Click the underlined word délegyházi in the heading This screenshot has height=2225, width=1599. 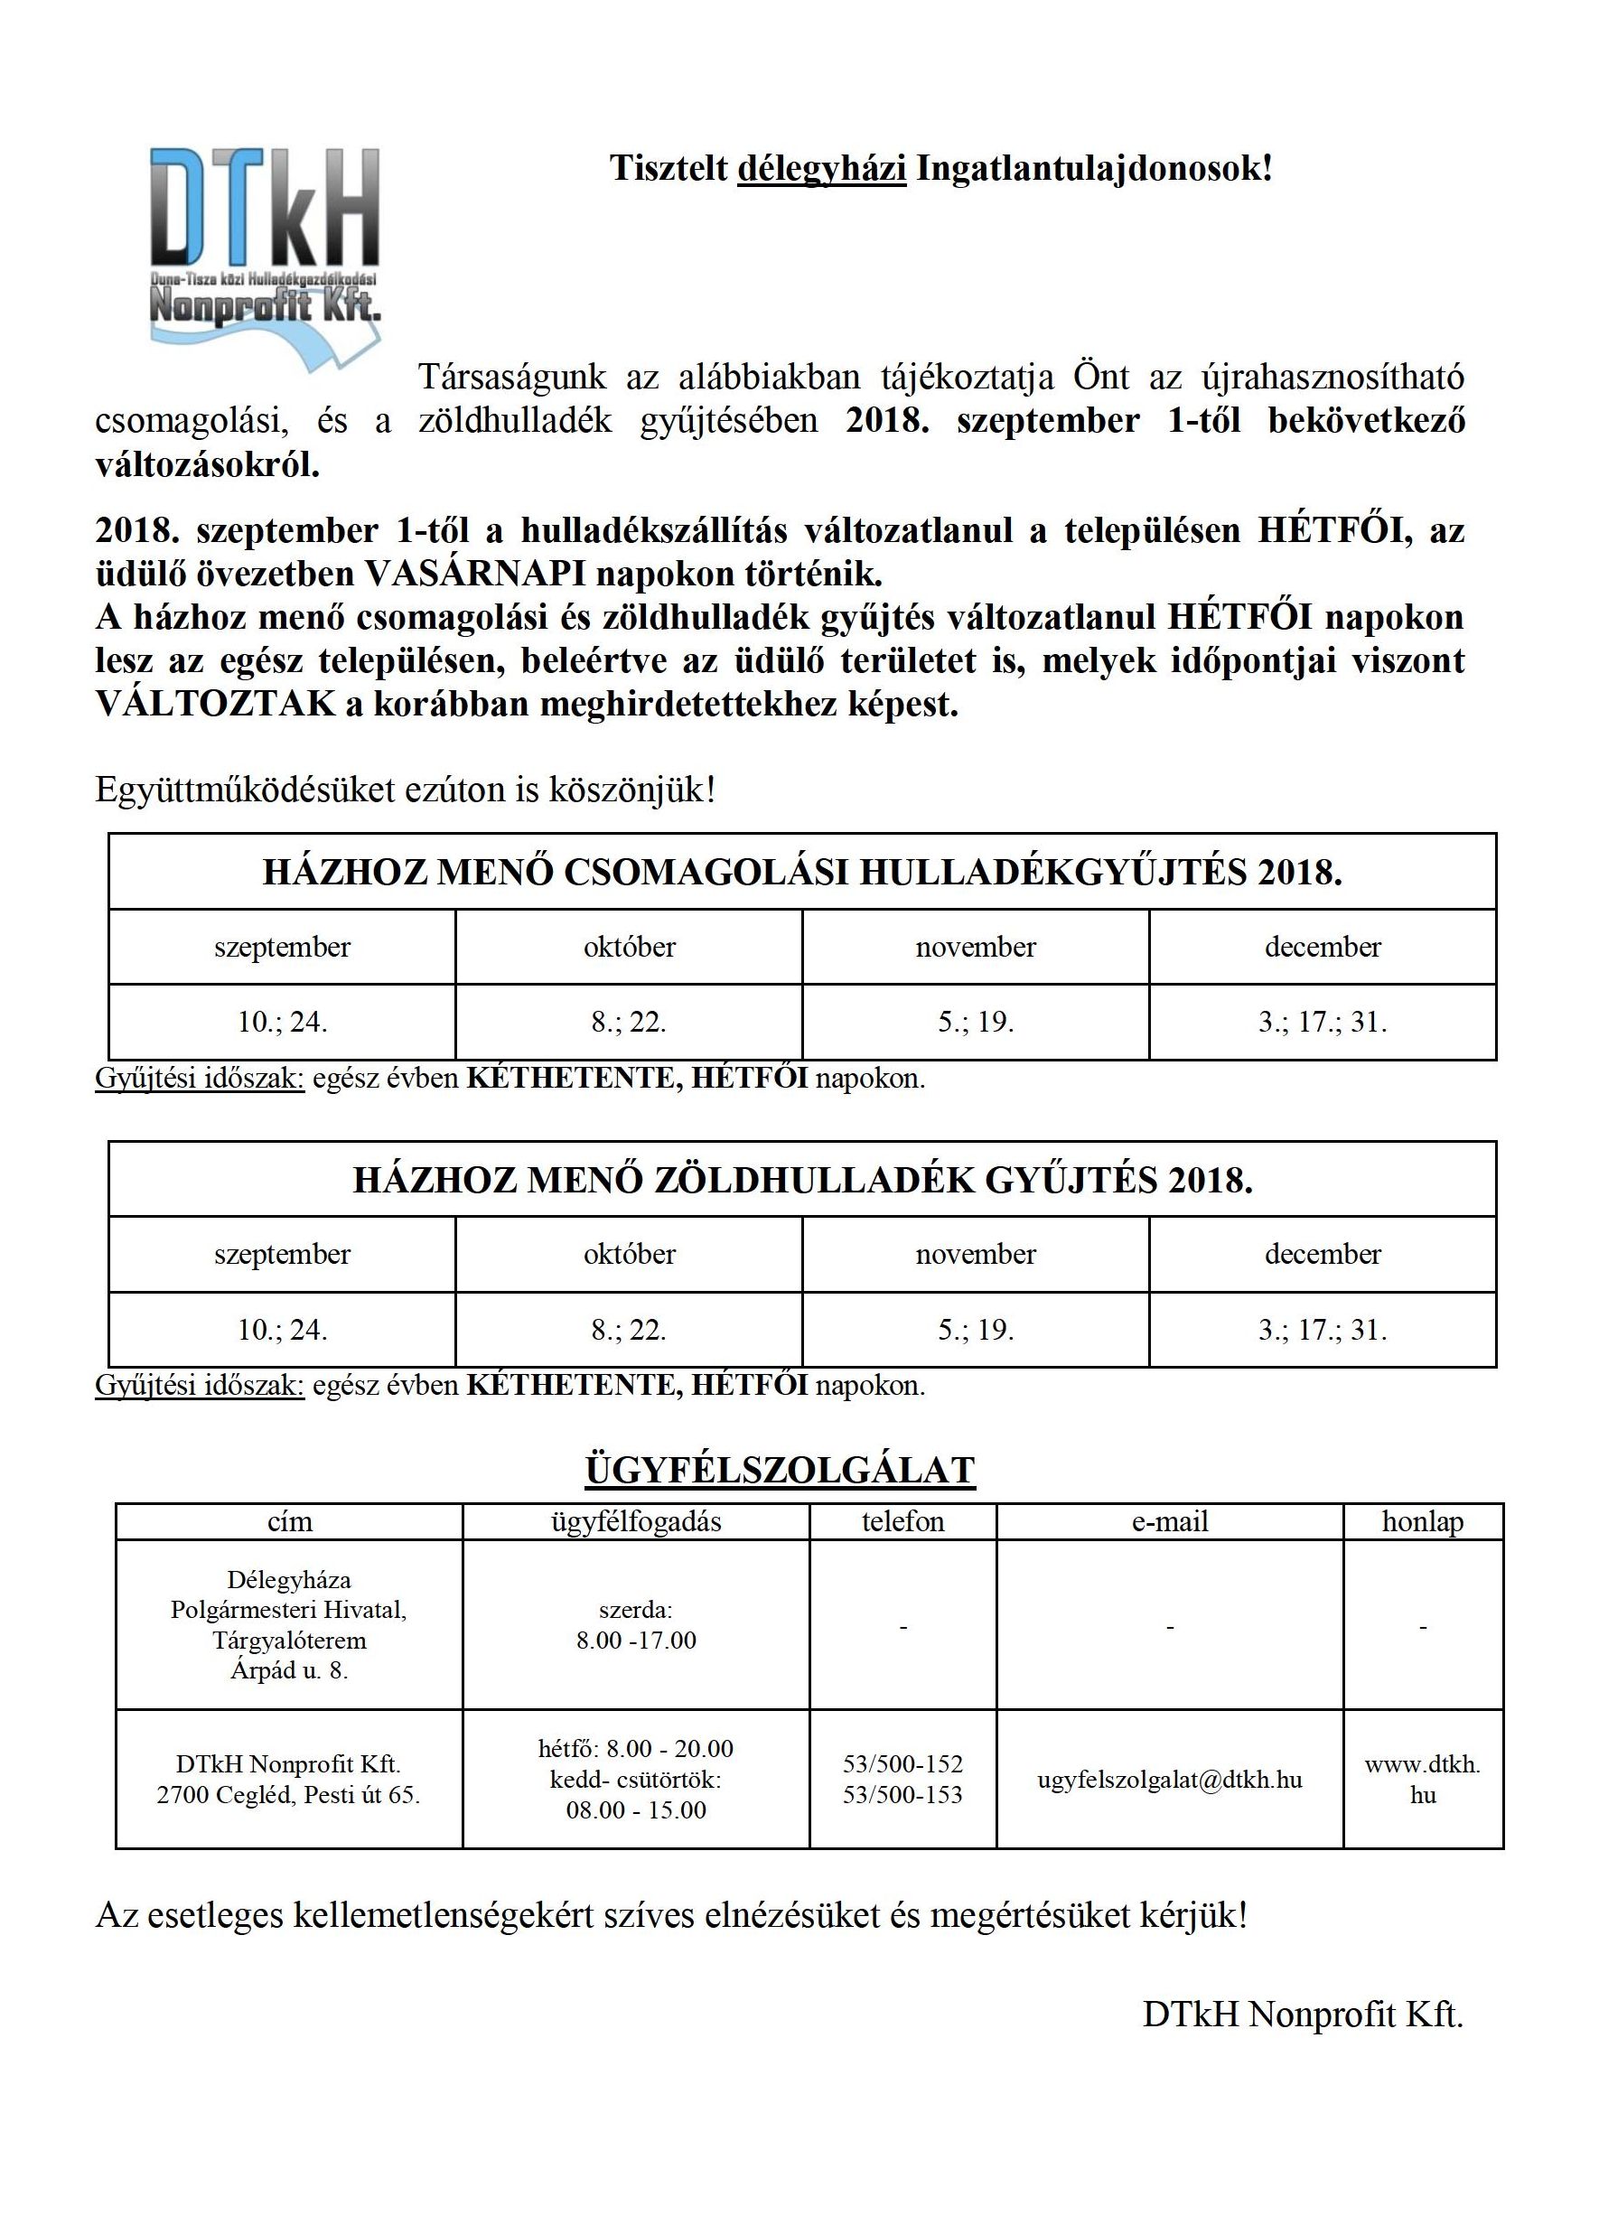pos(821,169)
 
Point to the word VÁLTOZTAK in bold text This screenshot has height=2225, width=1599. pos(215,705)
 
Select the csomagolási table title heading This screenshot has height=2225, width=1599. pos(801,872)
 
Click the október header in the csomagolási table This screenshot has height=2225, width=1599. pos(629,947)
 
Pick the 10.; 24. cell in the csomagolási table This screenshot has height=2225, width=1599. pos(283,1023)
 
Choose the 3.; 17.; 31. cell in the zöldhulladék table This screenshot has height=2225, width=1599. pos(1323,1330)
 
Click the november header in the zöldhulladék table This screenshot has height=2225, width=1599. pos(975,1254)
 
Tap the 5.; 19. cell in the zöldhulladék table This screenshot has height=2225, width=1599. pos(975,1330)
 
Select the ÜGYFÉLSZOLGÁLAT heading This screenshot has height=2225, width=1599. pos(780,1470)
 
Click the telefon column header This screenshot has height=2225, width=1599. pos(902,1521)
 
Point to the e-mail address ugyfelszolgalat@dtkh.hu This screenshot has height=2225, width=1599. pos(1169,1779)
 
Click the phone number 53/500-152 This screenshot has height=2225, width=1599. pos(902,1764)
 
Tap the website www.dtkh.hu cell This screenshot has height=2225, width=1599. pos(1423,1779)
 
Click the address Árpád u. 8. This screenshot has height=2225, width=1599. pos(289,1669)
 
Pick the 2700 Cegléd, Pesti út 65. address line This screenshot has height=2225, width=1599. pos(288,1794)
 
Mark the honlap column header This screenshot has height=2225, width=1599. pos(1423,1521)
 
